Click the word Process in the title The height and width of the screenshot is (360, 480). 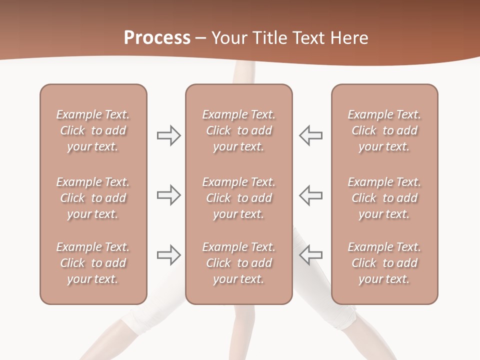157,38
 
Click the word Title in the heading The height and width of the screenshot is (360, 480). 268,38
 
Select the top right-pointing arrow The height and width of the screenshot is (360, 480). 168,135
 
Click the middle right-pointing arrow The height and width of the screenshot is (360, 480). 168,195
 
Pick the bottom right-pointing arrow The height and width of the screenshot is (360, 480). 168,255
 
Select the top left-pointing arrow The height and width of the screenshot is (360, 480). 311,135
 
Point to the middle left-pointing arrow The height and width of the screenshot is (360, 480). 311,195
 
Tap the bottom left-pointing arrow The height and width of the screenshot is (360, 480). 311,255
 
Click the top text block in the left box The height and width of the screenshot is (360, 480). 93,130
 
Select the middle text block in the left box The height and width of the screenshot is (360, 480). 93,198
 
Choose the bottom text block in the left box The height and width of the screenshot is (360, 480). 93,263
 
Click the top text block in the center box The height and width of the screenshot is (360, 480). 238,130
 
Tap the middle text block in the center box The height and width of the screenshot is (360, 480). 238,198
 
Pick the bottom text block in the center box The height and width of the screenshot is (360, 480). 238,263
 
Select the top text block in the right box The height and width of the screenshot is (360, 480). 384,130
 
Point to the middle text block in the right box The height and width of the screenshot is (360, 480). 384,198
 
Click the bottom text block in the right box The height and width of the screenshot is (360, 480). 384,263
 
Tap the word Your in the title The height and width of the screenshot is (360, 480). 229,38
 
